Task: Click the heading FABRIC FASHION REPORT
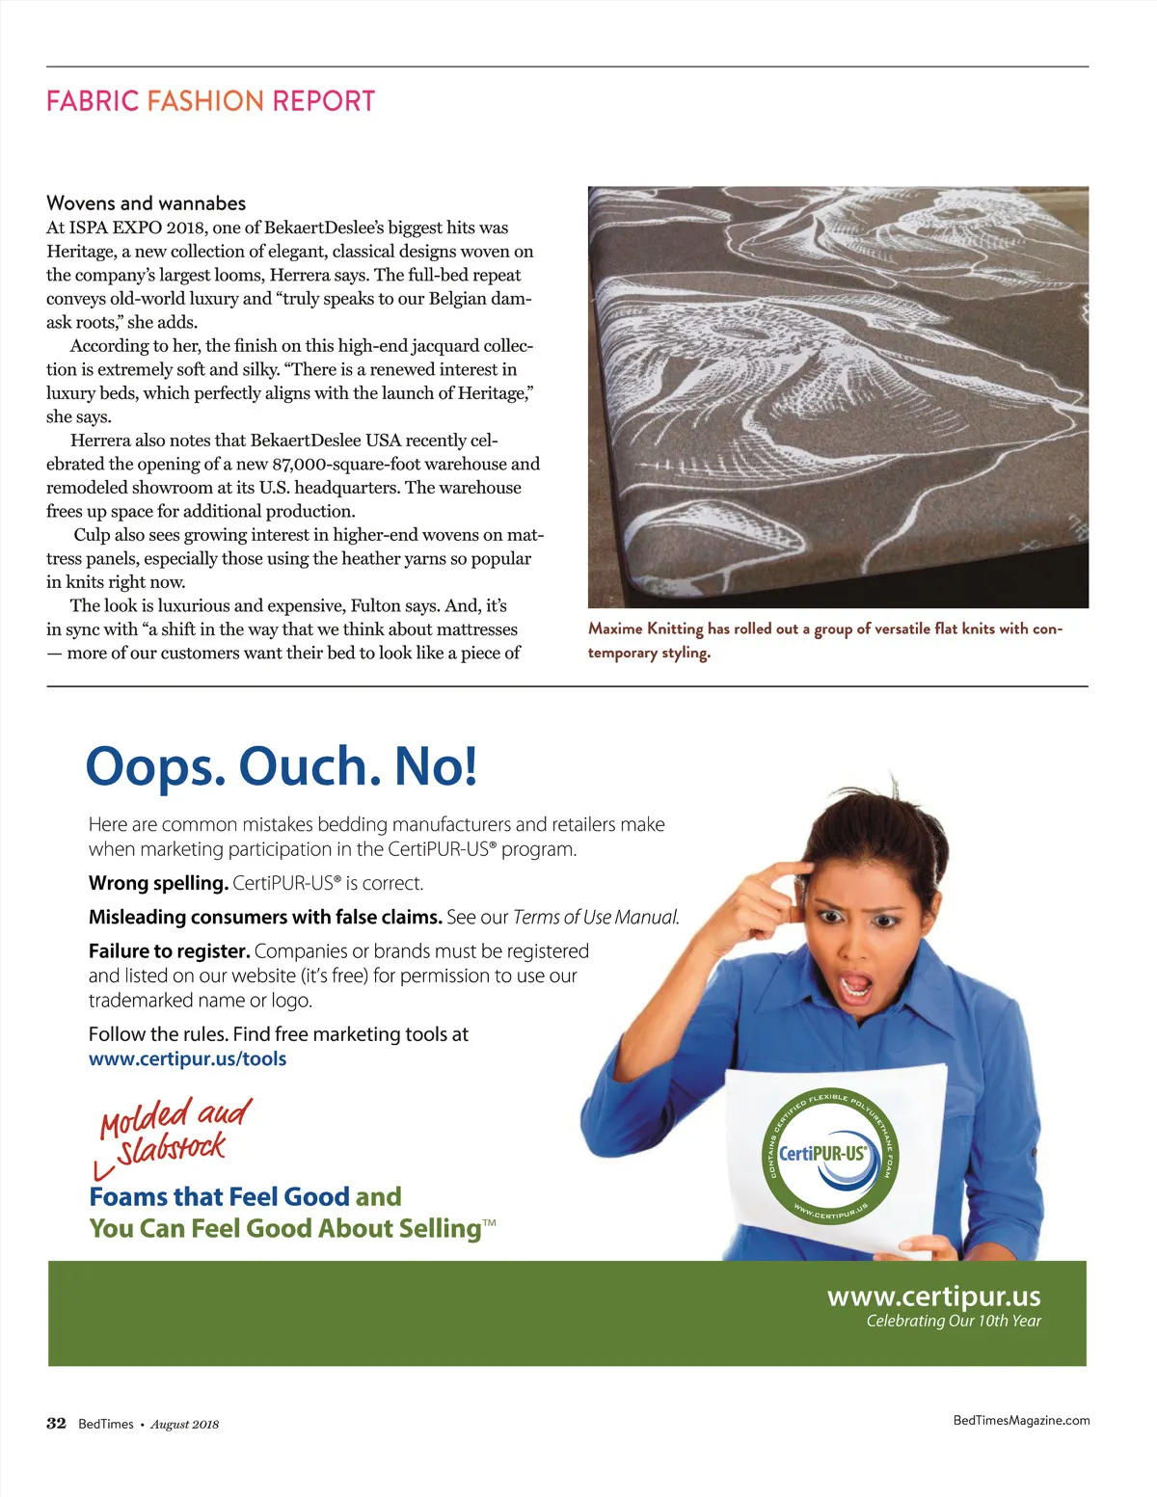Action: coord(210,101)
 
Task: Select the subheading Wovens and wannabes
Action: coord(146,203)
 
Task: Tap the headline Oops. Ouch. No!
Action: coord(281,766)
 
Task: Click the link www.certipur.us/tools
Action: coord(187,1058)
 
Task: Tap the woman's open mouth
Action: coord(854,987)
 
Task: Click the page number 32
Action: coord(56,1424)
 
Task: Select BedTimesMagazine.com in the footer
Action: coord(1021,1420)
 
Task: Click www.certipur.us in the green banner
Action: coord(933,1296)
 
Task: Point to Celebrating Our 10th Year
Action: coord(953,1321)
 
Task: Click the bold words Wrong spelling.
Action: coord(158,883)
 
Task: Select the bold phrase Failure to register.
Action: coord(169,951)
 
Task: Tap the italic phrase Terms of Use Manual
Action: coord(596,917)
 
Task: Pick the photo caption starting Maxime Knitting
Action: coord(824,640)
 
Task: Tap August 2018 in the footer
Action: coord(184,1425)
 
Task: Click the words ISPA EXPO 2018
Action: coord(135,227)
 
